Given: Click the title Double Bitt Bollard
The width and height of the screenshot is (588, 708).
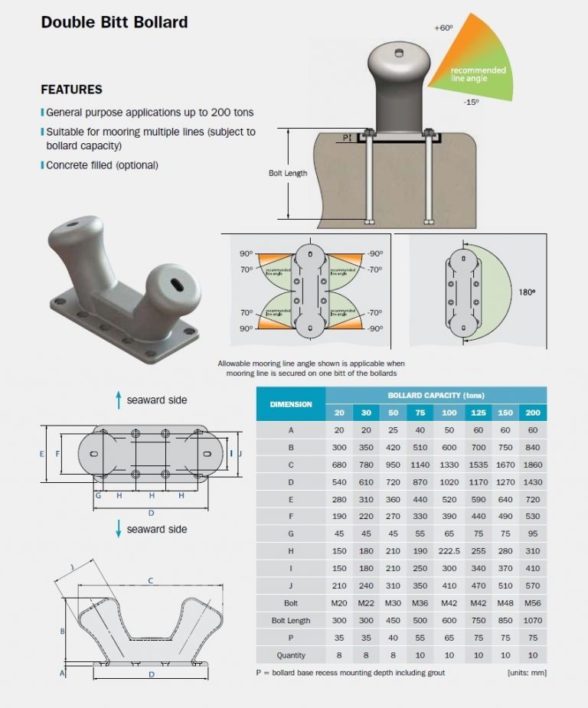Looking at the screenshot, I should tap(114, 21).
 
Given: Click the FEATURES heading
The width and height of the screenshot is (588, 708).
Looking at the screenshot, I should tap(71, 90).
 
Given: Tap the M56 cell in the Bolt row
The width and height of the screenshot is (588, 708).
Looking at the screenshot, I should tap(534, 602).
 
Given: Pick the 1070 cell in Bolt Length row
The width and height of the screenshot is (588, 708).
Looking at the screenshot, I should tap(534, 620).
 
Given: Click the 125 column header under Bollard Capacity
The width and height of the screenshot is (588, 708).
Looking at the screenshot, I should tap(479, 413).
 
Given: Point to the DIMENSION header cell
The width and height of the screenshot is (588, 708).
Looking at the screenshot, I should tap(290, 403).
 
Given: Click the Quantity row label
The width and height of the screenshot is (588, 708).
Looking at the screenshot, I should tap(290, 655).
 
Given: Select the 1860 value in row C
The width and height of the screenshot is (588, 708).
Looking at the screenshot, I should tap(534, 465).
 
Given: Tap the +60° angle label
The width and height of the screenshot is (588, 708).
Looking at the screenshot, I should tap(443, 28).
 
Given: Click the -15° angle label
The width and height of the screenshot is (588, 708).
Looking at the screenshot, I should tap(471, 102).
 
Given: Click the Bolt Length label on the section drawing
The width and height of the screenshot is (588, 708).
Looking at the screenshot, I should tap(288, 173).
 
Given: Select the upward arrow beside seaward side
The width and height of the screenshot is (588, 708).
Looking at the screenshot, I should tap(119, 399).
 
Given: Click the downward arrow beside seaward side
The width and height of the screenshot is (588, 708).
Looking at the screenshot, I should tap(119, 528).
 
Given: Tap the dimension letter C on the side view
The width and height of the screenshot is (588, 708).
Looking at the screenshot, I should tap(150, 581).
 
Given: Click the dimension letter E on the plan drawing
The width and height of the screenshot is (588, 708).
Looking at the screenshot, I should tap(42, 454).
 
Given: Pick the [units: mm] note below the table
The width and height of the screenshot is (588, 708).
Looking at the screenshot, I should tap(527, 673).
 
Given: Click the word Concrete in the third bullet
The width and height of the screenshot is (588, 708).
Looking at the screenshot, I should tap(67, 165).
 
